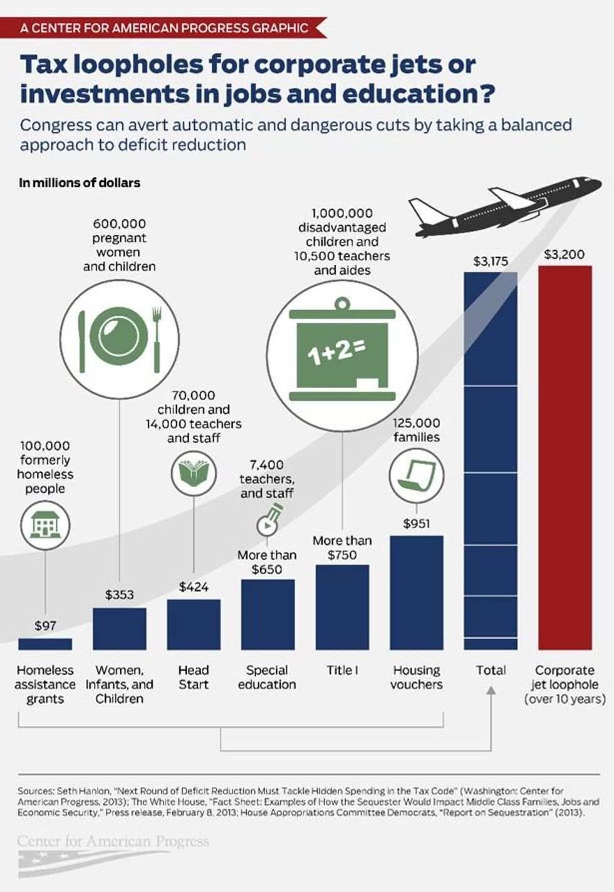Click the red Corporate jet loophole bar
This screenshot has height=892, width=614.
click(565, 458)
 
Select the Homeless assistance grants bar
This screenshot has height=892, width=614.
click(45, 644)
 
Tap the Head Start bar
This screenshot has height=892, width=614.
click(194, 624)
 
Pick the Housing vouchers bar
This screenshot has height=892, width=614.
click(417, 592)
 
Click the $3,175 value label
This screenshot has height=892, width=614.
click(491, 261)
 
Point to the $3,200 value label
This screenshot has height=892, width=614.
click(564, 254)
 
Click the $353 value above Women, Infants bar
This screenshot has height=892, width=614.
click(119, 594)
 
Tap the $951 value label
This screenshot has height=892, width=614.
click(417, 523)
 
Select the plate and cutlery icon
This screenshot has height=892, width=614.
click(119, 338)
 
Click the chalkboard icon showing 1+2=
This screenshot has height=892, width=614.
click(342, 351)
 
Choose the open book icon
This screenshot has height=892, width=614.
click(194, 472)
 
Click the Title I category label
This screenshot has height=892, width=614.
click(342, 670)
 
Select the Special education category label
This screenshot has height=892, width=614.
click(267, 677)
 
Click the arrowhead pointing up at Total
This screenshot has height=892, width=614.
click(491, 690)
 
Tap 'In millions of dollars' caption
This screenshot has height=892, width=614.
click(80, 183)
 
